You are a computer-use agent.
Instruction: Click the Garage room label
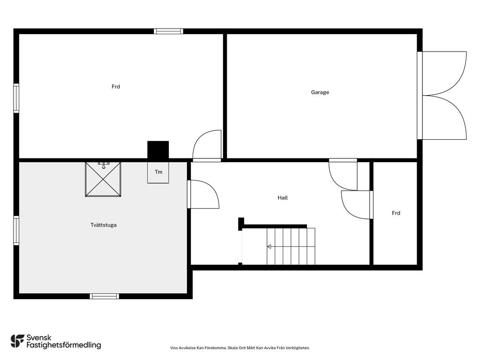pyautogui.click(x=320, y=92)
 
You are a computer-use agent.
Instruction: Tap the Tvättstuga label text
pyautogui.click(x=104, y=225)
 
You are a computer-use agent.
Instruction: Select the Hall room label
pyautogui.click(x=283, y=198)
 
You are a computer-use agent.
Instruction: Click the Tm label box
pyautogui.click(x=158, y=172)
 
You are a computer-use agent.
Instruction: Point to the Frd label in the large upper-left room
pyautogui.click(x=116, y=87)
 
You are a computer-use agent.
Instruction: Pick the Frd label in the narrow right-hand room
pyautogui.click(x=396, y=213)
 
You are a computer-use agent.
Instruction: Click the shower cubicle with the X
pyautogui.click(x=103, y=179)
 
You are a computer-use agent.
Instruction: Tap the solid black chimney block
pyautogui.click(x=158, y=150)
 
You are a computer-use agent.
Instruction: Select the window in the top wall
pyautogui.click(x=168, y=31)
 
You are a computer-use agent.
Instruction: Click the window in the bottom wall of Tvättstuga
pyautogui.click(x=105, y=296)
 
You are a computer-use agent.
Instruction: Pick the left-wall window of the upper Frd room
pyautogui.click(x=16, y=98)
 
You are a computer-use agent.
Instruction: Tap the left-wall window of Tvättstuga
pyautogui.click(x=16, y=231)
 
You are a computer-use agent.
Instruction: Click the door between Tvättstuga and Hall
pyautogui.click(x=203, y=195)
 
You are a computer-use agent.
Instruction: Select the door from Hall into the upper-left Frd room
pyautogui.click(x=207, y=146)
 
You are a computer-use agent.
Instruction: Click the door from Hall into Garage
pyautogui.click(x=343, y=174)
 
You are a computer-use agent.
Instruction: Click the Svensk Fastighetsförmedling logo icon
pyautogui.click(x=17, y=341)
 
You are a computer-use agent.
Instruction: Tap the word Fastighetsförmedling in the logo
pyautogui.click(x=64, y=345)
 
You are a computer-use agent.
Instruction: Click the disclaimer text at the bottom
pyautogui.click(x=240, y=348)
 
